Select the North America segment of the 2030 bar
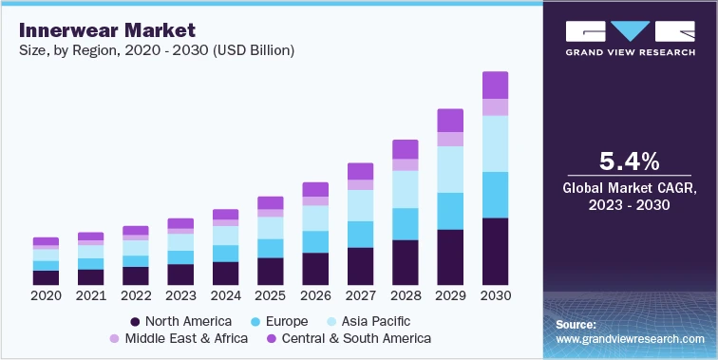click(x=495, y=252)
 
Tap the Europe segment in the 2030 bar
click(x=495, y=195)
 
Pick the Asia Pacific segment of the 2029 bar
click(x=450, y=169)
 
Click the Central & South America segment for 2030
click(x=495, y=85)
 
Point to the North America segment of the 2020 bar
click(x=46, y=277)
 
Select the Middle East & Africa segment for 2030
click(x=495, y=107)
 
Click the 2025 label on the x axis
click(x=271, y=296)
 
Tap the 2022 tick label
click(x=136, y=296)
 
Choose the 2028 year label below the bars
click(x=406, y=296)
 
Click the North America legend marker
click(x=136, y=321)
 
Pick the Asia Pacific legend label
click(x=372, y=321)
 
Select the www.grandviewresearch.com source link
click(x=630, y=339)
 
